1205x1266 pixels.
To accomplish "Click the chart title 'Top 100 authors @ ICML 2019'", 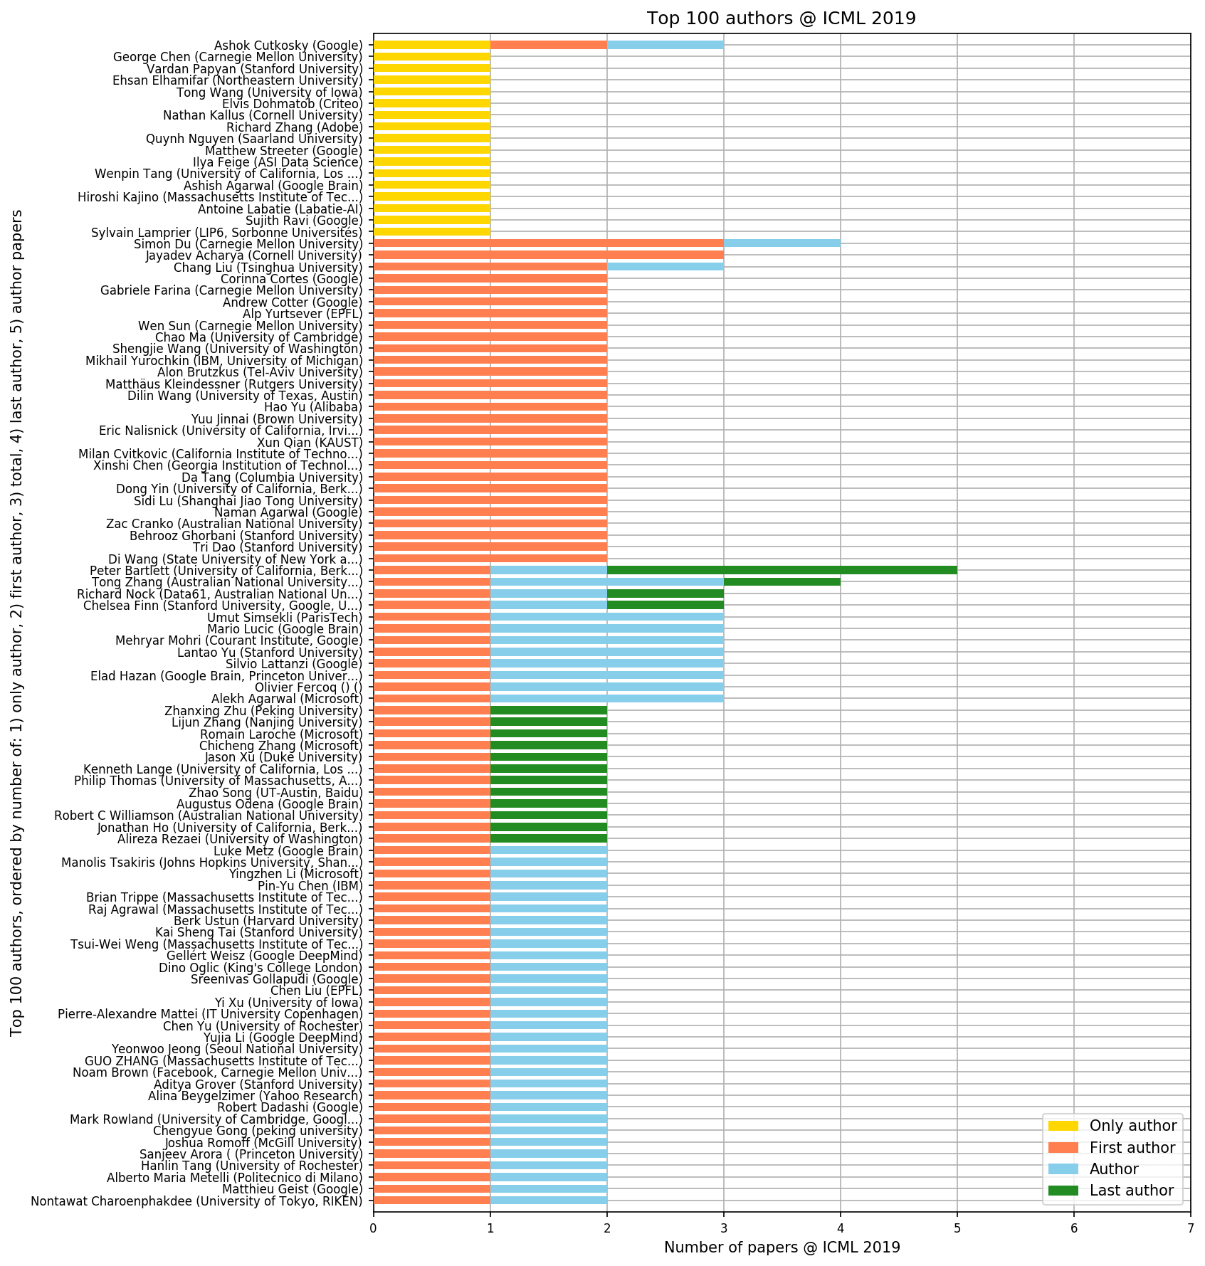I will pos(781,19).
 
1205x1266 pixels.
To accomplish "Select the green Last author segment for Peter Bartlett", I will pos(782,570).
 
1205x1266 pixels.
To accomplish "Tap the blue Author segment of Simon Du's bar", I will pos(782,243).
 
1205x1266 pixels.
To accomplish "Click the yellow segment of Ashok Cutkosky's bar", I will pos(431,45).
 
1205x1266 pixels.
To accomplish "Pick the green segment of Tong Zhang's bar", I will pos(782,581).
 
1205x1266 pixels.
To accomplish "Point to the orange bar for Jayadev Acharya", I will pos(548,255).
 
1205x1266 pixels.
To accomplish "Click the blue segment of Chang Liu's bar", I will pos(665,267).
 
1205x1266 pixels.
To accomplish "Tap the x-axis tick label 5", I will pos(957,1228).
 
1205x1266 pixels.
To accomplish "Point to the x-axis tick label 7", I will pos(1190,1228).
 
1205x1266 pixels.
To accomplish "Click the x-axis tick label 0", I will pos(373,1228).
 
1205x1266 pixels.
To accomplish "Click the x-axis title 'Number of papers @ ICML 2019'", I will pos(782,1247).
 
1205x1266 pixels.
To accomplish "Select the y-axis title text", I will pos(17,623).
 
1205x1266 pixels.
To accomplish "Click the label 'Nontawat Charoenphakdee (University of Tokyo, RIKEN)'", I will pos(196,1201).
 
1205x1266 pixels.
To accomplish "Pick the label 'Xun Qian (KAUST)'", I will pos(310,442).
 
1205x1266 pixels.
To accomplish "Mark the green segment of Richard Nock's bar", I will pos(665,594).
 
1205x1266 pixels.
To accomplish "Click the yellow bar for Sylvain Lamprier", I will pos(431,232).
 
